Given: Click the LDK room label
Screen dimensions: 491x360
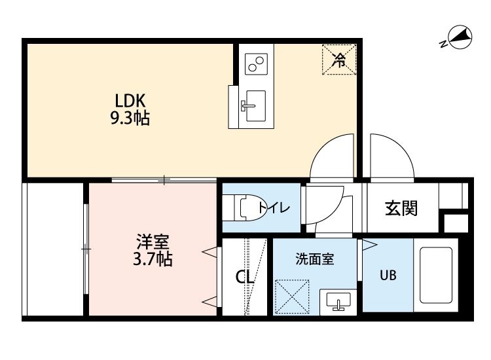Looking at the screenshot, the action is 130,101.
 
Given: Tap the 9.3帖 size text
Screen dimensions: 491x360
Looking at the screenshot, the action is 130,118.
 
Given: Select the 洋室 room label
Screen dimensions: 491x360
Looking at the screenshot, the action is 153,242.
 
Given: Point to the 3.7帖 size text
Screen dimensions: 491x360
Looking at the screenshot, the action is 153,259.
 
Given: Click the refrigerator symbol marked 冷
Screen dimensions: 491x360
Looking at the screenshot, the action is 339,60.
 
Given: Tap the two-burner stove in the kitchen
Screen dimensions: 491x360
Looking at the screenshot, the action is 256,64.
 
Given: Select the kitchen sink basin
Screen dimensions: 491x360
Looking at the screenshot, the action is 256,106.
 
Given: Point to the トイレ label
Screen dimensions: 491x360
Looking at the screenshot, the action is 274,207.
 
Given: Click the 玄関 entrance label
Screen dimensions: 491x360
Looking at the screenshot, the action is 401,208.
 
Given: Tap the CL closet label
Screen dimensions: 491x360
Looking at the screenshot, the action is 244,277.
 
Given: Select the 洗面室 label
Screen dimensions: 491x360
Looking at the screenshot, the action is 315,259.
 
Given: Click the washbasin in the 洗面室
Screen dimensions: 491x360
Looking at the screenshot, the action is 338,302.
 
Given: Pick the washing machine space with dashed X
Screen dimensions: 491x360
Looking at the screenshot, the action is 292,297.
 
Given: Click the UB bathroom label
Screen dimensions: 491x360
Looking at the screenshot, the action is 388,275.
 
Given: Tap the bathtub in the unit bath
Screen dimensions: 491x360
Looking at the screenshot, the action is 435,275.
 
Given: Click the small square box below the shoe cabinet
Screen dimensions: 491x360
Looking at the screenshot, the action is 456,223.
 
